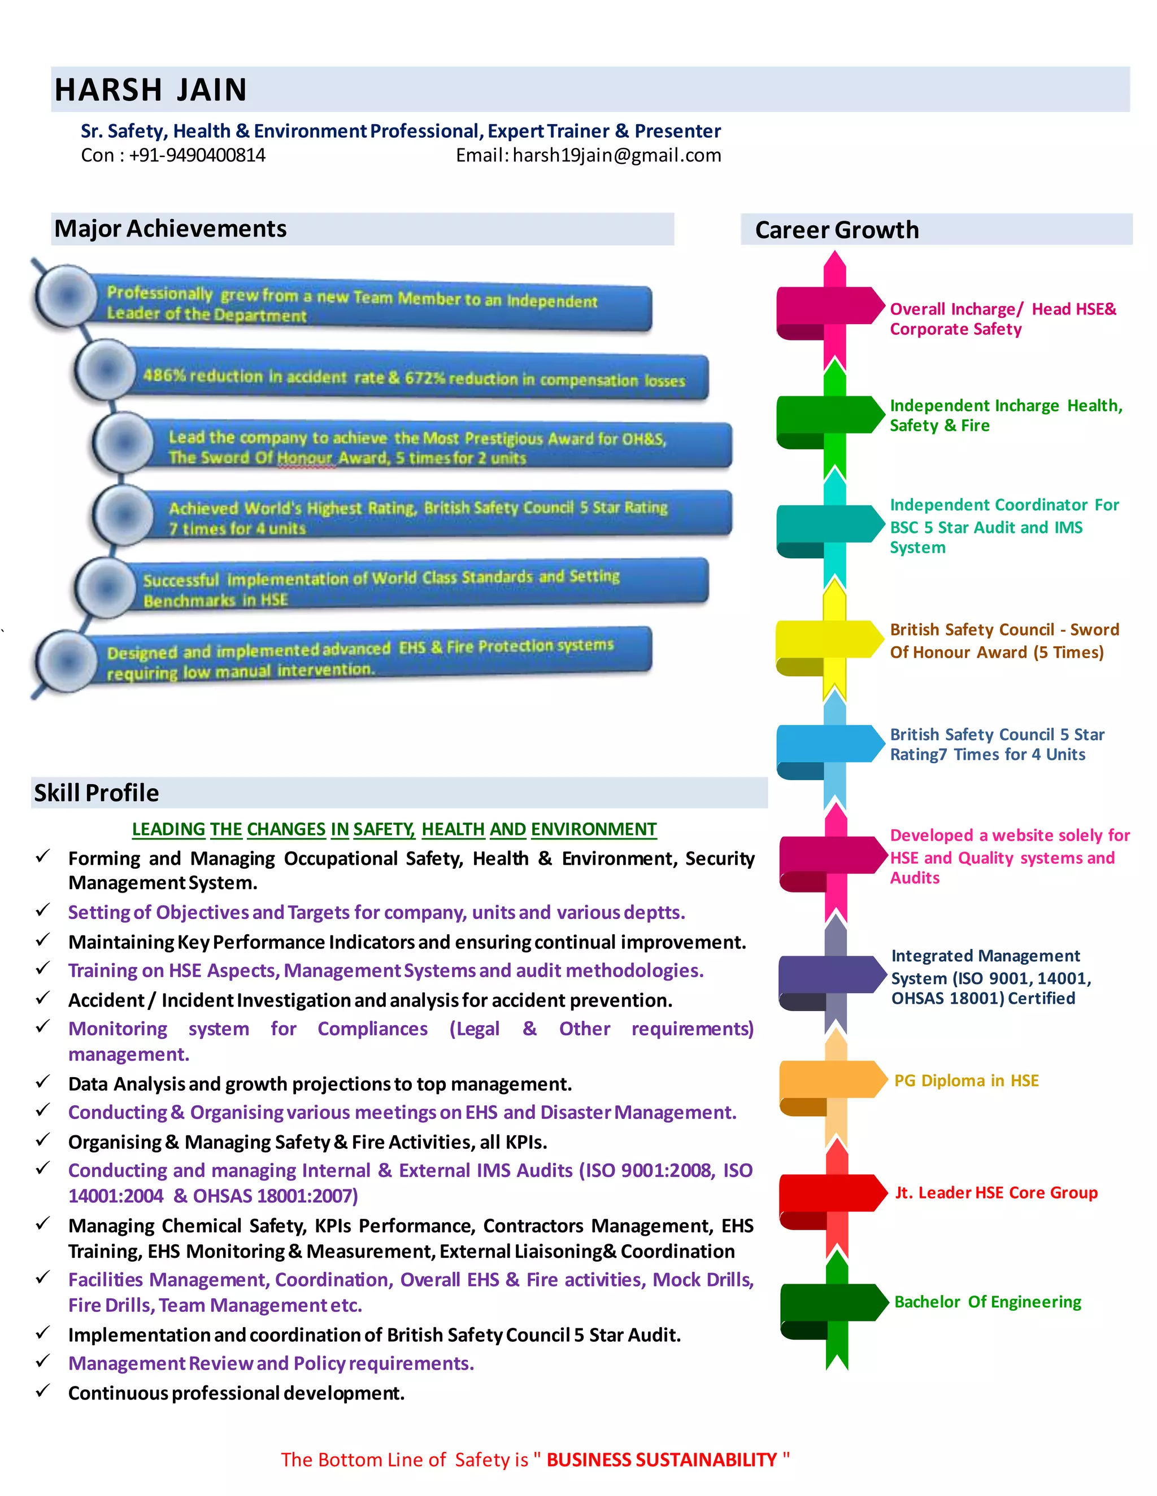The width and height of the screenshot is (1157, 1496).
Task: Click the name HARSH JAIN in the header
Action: (151, 90)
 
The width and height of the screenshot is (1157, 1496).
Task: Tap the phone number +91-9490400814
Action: (197, 155)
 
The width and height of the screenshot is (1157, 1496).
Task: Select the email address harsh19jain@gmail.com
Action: (616, 155)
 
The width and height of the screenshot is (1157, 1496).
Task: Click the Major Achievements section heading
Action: (171, 229)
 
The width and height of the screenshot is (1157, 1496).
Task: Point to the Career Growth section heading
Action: (836, 230)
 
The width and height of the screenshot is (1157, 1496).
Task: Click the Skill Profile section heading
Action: (97, 793)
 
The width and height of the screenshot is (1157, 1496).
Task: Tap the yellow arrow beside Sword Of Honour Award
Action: (829, 640)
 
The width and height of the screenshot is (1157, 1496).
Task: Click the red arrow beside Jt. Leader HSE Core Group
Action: (832, 1193)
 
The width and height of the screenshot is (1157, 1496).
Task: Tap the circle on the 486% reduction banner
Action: (106, 370)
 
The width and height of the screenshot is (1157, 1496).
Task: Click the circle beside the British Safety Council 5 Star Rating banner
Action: (124, 514)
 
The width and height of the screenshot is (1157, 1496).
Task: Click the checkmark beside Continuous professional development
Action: (43, 1390)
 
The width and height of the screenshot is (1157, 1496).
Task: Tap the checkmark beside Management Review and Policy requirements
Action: (43, 1361)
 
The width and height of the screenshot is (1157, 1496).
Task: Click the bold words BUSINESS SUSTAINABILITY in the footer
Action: (662, 1460)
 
